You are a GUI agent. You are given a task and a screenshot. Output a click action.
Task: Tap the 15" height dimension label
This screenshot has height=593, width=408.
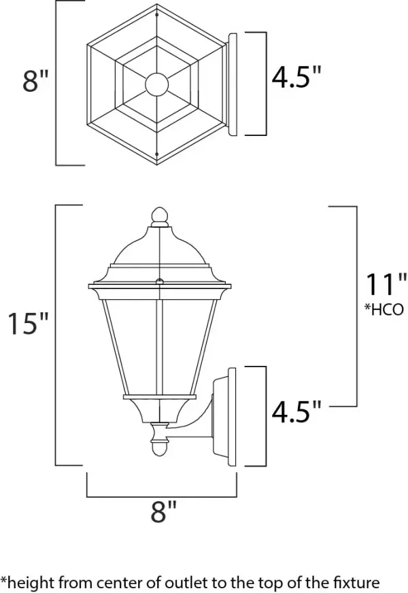pos(27,324)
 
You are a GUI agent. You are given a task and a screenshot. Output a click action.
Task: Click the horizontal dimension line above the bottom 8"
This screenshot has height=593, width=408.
pos(161,495)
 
